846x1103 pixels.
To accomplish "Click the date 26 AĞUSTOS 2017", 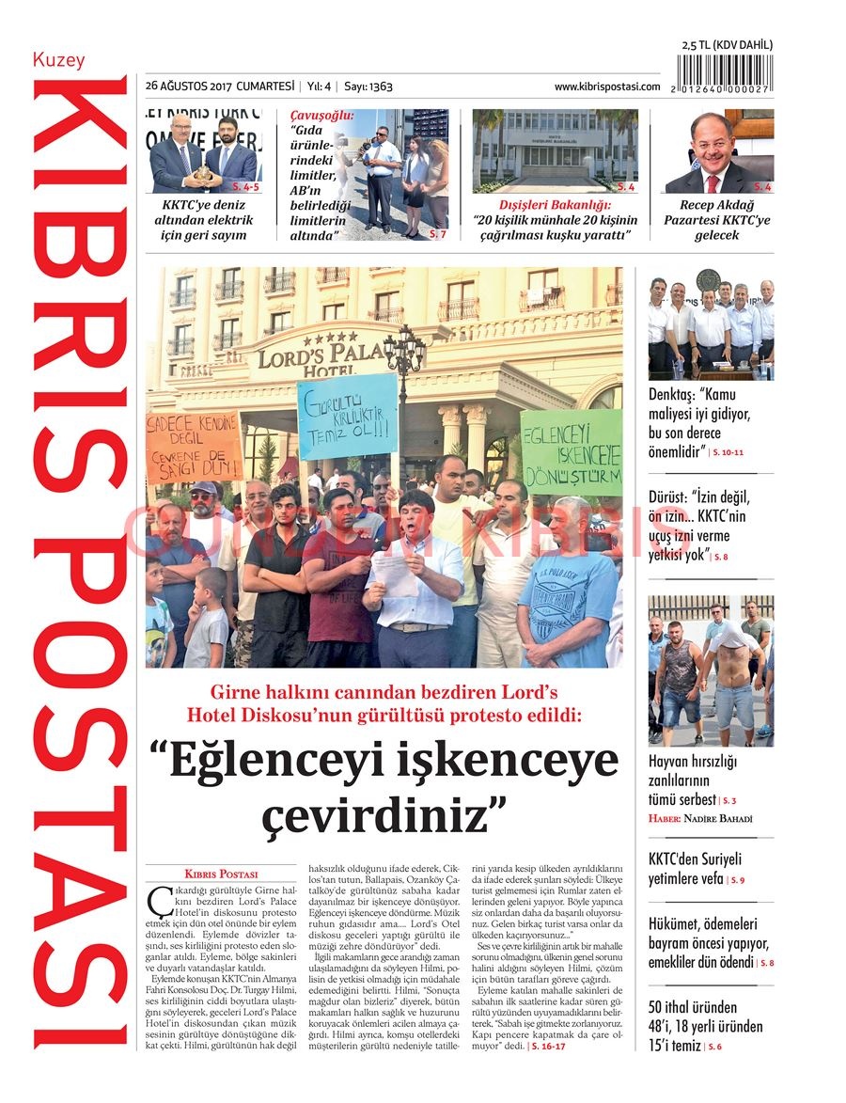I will tap(189, 87).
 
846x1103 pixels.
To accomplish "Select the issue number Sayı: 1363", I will tap(368, 87).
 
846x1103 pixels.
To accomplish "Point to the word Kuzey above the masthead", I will tap(58, 60).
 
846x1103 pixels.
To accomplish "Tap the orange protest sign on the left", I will tap(194, 448).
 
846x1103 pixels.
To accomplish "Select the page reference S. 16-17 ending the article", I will tap(549, 1046).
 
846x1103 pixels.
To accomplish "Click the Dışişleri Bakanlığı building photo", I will tap(555, 150).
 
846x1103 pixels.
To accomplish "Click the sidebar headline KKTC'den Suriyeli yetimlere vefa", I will tap(696, 869).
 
